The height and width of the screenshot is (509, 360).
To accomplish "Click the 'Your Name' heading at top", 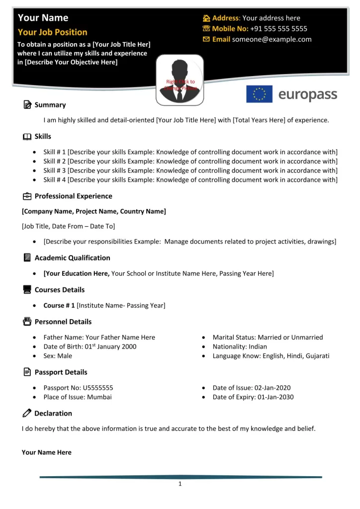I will (43, 18).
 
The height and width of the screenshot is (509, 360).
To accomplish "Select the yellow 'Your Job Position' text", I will (52, 32).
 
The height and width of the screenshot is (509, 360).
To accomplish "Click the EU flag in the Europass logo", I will (259, 94).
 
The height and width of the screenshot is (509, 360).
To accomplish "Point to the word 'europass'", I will (308, 94).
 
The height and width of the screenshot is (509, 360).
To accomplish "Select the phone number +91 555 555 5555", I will (278, 29).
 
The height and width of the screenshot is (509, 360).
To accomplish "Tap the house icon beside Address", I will (205, 18).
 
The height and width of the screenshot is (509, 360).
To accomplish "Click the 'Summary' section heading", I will (50, 105).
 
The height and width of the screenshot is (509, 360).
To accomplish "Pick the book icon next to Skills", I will (26, 137).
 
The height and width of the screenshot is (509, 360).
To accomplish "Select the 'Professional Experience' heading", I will (73, 196).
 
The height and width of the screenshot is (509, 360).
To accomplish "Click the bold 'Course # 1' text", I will (59, 305).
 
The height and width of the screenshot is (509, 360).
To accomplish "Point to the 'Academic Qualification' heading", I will (72, 258).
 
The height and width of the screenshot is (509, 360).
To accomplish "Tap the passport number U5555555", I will (96, 388).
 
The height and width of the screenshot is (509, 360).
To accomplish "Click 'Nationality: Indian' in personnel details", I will (239, 346).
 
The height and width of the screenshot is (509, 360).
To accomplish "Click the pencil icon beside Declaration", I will (26, 414).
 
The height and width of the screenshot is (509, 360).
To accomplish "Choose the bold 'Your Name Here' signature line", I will (46, 452).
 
